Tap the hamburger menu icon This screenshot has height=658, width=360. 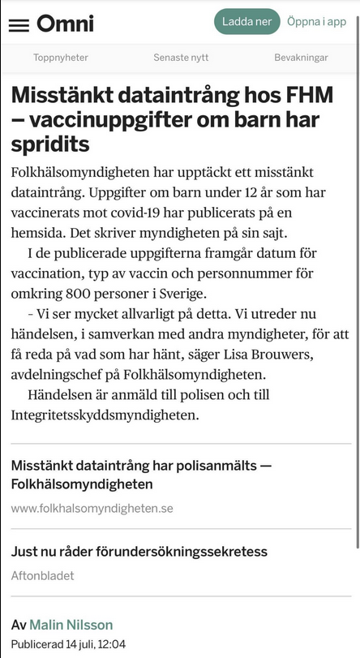click(19, 24)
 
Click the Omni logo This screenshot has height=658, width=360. click(65, 23)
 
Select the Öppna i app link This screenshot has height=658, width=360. click(316, 22)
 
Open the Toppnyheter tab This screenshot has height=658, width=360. click(61, 58)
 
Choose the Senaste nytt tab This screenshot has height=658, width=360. click(181, 58)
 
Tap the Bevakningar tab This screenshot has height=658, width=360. click(301, 58)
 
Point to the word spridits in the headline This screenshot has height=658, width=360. click(50, 145)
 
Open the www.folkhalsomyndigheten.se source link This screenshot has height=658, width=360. click(92, 509)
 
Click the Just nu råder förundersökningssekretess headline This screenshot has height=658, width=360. click(139, 552)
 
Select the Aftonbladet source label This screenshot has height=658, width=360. click(42, 575)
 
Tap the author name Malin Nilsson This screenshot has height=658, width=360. click(71, 625)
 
